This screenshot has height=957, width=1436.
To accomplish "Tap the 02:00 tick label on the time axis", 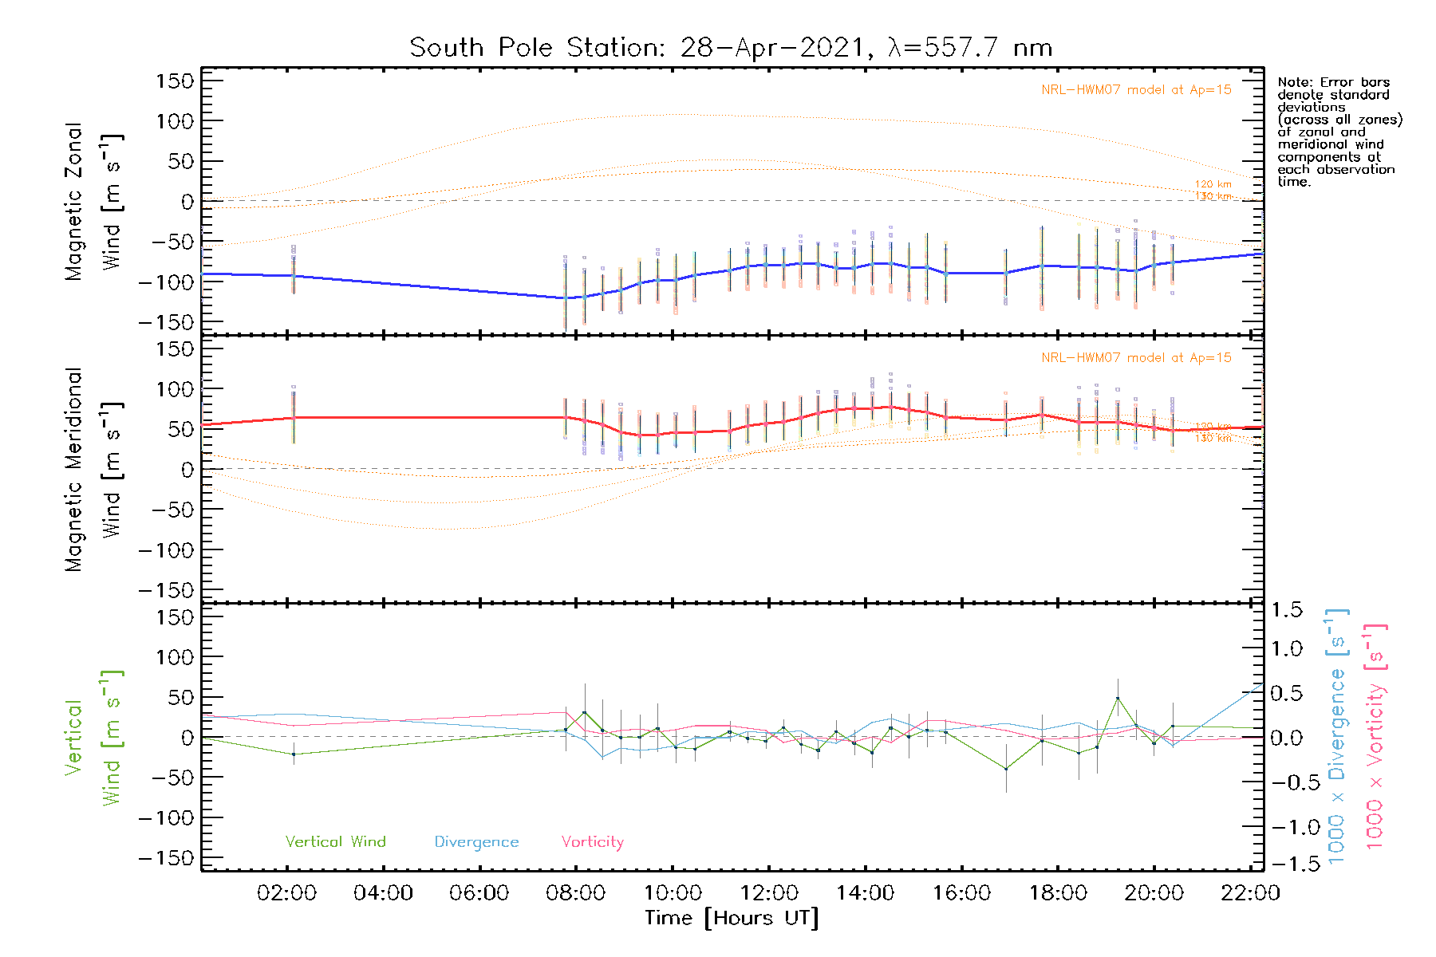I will pos(286,893).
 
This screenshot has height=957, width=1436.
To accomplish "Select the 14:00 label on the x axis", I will pos(865,893).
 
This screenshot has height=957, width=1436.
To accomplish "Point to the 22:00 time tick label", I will pos(1250,893).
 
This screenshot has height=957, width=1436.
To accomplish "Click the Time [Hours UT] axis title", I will pos(732,918).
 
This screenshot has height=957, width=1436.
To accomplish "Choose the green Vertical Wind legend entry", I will pos(335,842).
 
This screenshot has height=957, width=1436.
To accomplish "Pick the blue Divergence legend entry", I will pos(476,842).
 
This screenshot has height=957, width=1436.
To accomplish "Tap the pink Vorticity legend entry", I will pos(592,842).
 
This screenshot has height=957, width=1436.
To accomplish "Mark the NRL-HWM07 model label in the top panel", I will pos(1136,90).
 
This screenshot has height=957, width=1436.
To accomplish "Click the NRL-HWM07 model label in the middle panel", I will pos(1136,358).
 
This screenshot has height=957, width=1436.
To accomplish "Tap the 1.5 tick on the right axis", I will pos(1286,610).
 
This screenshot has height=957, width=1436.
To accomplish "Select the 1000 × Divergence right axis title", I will pos(1336,736).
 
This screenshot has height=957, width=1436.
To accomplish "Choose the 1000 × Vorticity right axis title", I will pos(1375,736).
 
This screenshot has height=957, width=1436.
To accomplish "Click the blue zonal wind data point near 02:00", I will pos(294,275).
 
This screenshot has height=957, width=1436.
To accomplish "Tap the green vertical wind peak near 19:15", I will pos(1118,699).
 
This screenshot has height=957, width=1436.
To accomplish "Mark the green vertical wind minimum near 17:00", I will pos(1006,769).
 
